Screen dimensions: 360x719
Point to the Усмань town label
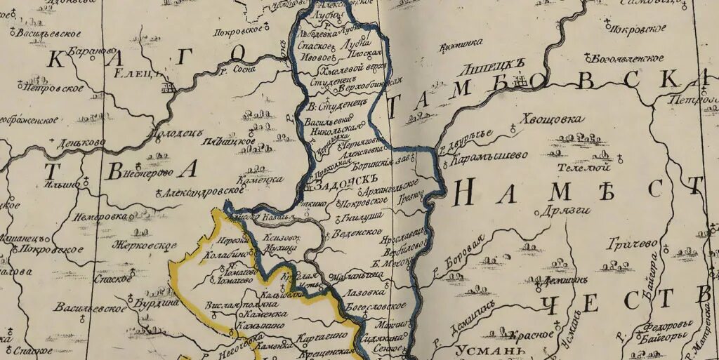coord(481,350)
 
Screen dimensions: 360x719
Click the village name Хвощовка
coord(552,119)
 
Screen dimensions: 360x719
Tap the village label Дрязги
coord(568,210)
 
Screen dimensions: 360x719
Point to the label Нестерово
coord(147,173)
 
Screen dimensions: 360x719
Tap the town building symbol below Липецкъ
coord(520,84)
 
